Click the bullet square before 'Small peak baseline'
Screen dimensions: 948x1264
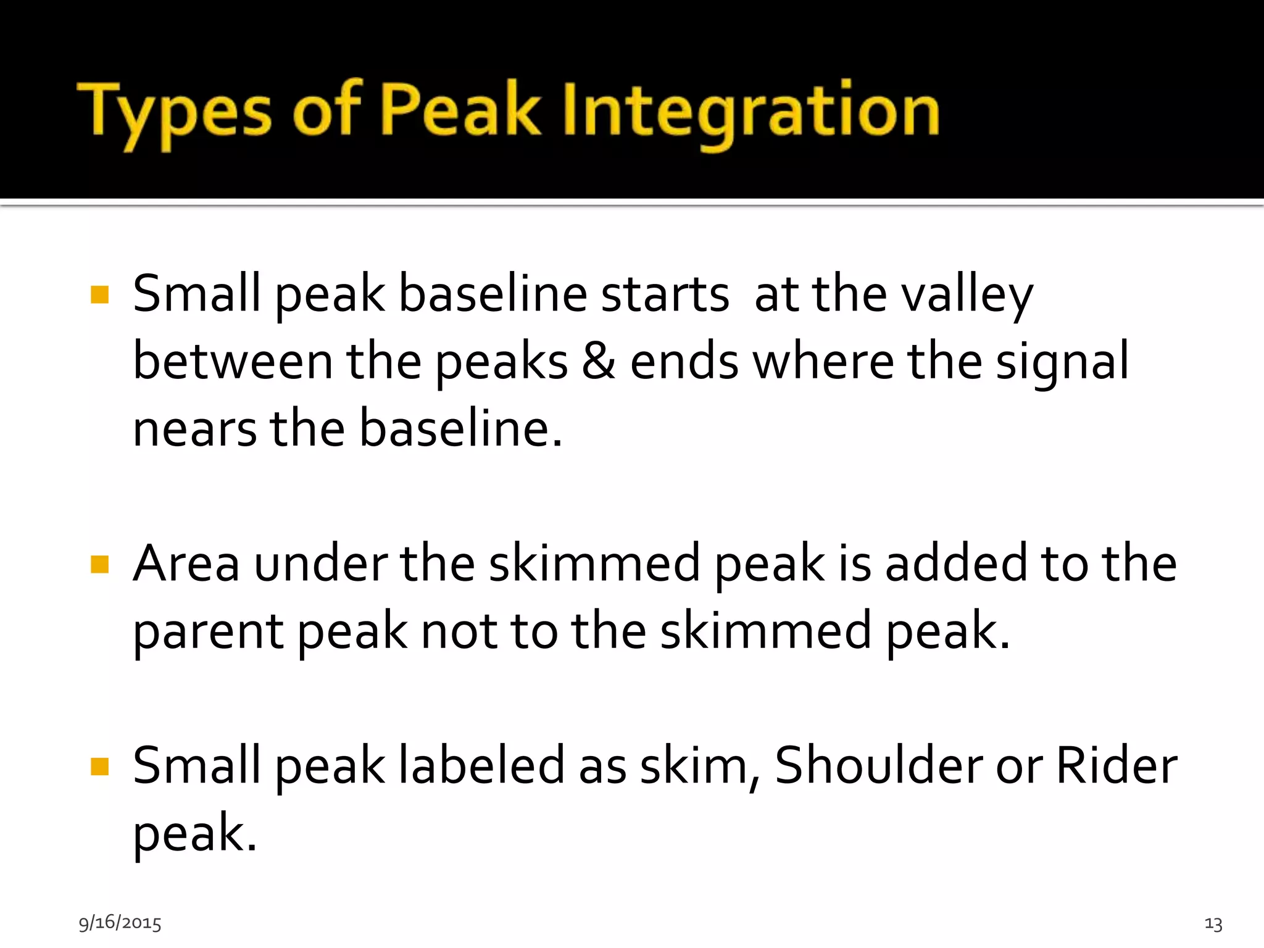pos(99,295)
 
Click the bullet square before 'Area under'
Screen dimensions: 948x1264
pos(99,564)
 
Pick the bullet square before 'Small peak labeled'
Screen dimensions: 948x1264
pos(99,767)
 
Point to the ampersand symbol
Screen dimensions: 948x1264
pos(599,362)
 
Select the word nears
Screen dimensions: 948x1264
pos(194,430)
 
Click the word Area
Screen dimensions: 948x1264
pos(186,564)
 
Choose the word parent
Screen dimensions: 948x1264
pos(209,633)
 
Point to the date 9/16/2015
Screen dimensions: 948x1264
pos(120,923)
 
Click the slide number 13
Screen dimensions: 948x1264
pos(1213,924)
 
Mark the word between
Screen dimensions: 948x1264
pos(233,362)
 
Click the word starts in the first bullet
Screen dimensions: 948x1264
pos(665,295)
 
